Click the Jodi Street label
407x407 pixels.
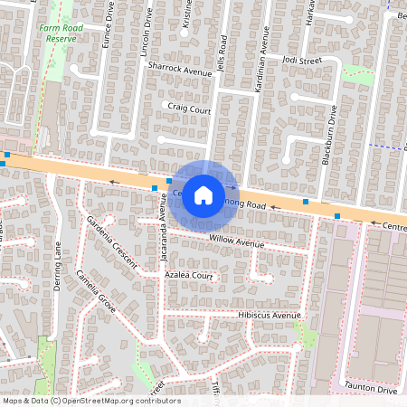(301, 61)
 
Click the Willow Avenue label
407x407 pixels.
(236, 241)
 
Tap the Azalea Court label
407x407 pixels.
(189, 276)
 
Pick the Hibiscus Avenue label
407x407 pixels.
(269, 316)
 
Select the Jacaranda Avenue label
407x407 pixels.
(164, 238)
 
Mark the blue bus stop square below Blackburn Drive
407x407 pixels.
(336, 216)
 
